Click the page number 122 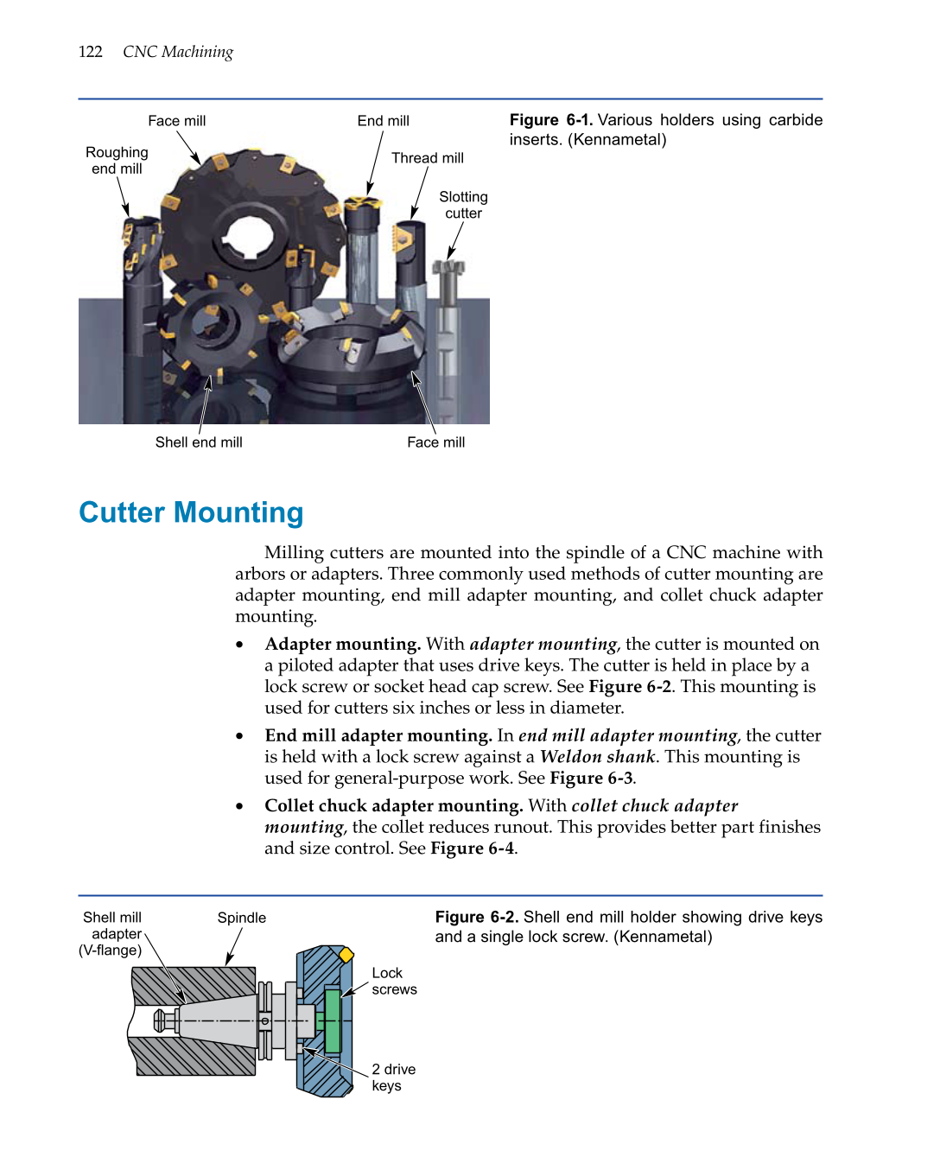point(90,52)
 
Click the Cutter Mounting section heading point(191,512)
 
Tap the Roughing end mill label point(117,161)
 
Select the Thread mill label point(427,158)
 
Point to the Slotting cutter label point(463,205)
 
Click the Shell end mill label point(199,442)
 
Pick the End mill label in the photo point(383,121)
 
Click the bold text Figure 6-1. point(550,120)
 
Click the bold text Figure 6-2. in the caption point(476,917)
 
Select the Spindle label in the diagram point(241,918)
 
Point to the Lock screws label point(394,982)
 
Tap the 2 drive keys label point(393,1077)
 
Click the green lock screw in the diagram point(332,1020)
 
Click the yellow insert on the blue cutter point(346,955)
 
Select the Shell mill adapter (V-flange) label point(111,934)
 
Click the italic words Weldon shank point(598,757)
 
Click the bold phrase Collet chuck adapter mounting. point(393,805)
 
